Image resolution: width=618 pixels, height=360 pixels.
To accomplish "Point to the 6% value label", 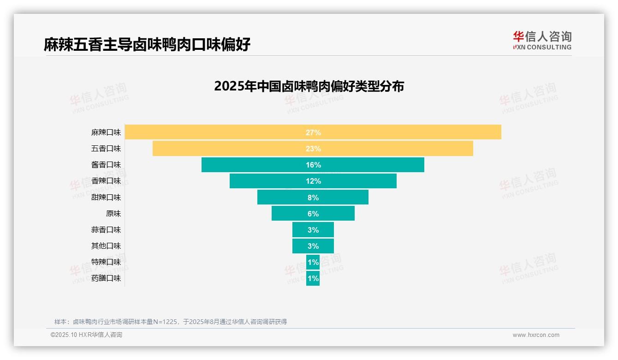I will (x=313, y=214).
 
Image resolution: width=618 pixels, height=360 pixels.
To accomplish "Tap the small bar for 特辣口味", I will (x=313, y=262).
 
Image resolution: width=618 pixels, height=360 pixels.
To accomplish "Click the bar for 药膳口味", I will (x=313, y=278).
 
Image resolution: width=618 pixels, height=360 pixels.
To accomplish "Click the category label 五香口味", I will (x=106, y=149).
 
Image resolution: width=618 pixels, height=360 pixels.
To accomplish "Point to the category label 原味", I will (x=113, y=214).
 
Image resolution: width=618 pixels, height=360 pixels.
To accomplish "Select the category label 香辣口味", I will (x=106, y=181).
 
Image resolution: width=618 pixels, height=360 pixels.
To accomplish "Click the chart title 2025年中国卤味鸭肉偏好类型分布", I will (x=309, y=86).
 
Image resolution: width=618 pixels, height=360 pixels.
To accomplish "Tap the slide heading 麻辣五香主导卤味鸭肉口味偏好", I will (x=147, y=45).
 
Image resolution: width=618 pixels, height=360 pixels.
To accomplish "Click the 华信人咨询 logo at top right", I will (x=542, y=40).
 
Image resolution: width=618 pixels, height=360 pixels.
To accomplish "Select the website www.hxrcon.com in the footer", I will (x=536, y=335).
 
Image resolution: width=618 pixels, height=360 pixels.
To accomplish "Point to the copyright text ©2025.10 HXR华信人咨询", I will (x=86, y=335).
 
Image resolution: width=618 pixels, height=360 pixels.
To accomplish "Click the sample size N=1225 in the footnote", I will (x=165, y=322).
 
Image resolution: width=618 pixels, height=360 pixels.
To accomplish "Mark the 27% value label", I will (x=313, y=132).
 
